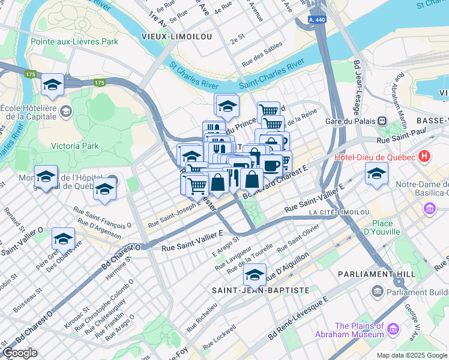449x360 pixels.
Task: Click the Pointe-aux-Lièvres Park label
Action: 74,42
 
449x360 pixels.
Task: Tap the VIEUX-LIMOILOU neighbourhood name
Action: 176,37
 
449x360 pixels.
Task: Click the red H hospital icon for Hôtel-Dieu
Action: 425,157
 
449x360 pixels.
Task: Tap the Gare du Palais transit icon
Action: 381,120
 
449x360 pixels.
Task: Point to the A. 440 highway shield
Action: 318,20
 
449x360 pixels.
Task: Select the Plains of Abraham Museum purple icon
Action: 393,328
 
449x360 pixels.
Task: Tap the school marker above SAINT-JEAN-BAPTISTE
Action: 255,274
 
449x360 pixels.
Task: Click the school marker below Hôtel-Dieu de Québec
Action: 376,173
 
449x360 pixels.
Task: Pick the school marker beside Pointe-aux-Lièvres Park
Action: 53,84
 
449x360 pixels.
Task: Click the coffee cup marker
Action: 271,164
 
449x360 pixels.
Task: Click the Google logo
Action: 20,352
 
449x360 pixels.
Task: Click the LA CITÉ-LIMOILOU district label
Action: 339,212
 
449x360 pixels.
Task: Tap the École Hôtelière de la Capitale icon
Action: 65,112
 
